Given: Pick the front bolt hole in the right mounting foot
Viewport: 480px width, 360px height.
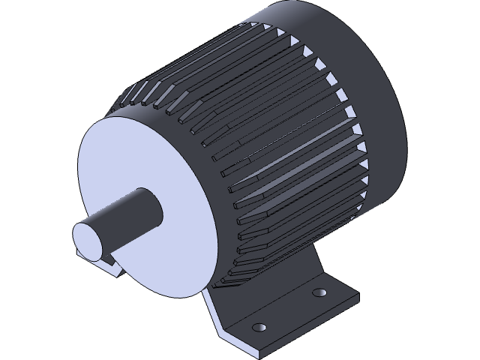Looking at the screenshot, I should pos(260,328).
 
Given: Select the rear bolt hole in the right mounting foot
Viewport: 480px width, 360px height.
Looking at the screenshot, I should pos(319,291).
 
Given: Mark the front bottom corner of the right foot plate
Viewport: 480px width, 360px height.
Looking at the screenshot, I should pos(259,352).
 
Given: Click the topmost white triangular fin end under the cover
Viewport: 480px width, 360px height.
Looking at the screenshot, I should pos(282,34).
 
